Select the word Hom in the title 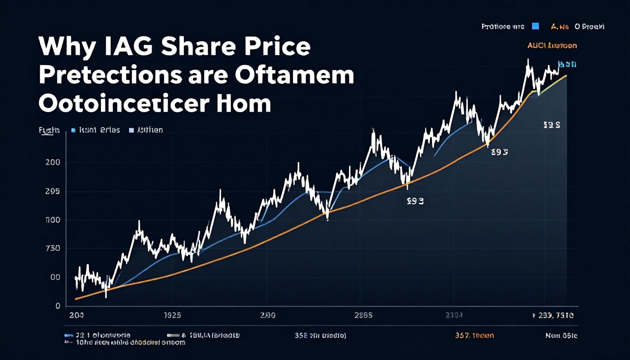click(244, 103)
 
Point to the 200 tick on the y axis click(53, 162)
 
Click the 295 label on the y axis click(53, 192)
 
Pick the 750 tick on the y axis click(53, 248)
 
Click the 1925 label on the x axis click(172, 315)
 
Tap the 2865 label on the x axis click(363, 315)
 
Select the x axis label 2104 click(454, 315)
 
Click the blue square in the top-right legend click(535, 26)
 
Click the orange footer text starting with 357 click(474, 335)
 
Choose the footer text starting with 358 click(320, 335)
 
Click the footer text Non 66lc click(561, 335)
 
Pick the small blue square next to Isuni click(73, 130)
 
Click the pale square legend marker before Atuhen click(131, 130)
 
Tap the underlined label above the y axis click(49, 130)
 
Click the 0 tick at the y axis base click(58, 306)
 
